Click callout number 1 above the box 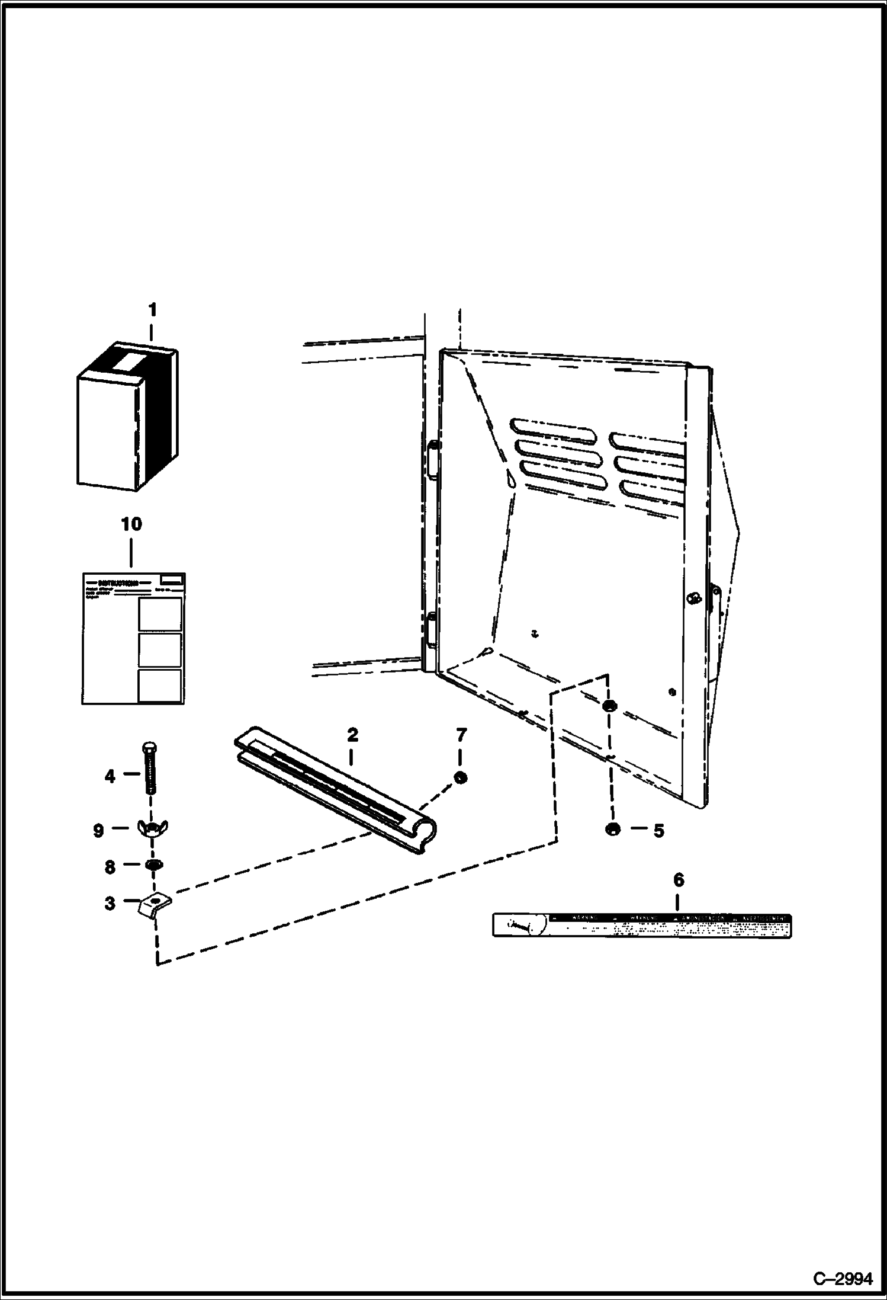point(152,310)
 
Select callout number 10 point(131,524)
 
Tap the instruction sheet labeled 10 point(133,638)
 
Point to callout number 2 point(352,735)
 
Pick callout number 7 point(461,735)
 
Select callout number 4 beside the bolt point(110,776)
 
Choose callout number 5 point(658,831)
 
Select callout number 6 point(679,880)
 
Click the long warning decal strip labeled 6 point(642,925)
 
